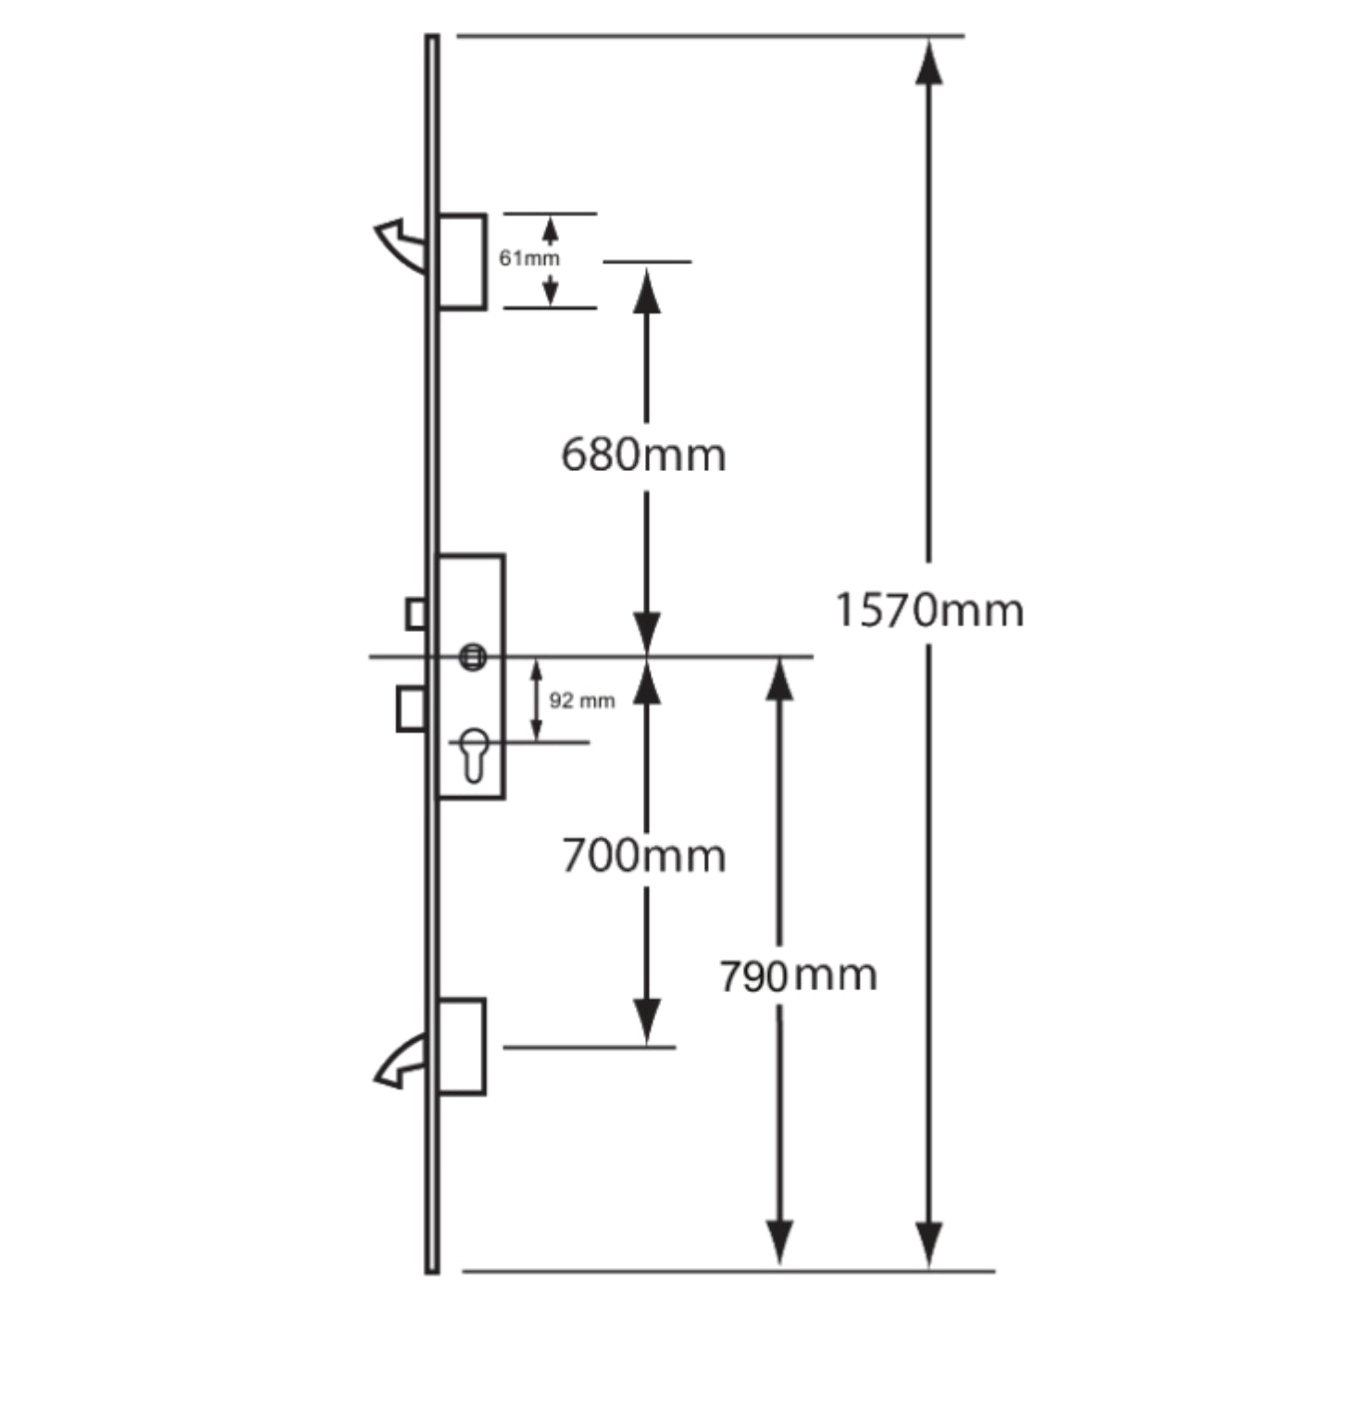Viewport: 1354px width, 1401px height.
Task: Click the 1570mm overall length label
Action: pos(929,610)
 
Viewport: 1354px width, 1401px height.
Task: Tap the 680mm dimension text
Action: pos(643,455)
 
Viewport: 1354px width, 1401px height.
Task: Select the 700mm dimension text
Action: pos(643,856)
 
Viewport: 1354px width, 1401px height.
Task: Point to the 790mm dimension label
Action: pos(797,975)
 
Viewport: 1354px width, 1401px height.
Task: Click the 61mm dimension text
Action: pos(529,258)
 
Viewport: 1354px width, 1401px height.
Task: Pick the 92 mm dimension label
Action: pos(581,700)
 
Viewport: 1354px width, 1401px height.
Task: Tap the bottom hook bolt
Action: pos(400,1062)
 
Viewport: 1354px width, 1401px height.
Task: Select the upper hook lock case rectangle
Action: pos(462,261)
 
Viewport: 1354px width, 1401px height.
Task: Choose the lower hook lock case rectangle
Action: pos(461,1047)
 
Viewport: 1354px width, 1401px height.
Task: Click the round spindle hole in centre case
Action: pos(472,657)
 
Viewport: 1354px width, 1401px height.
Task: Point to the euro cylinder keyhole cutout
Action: pos(473,754)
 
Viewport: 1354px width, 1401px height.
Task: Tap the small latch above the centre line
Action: pos(415,614)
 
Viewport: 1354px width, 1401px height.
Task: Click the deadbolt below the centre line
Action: pos(410,708)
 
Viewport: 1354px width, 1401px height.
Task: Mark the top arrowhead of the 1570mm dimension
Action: pos(929,62)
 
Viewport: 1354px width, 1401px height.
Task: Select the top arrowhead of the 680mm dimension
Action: pos(647,289)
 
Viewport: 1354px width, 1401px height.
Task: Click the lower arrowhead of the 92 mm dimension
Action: pos(536,730)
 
